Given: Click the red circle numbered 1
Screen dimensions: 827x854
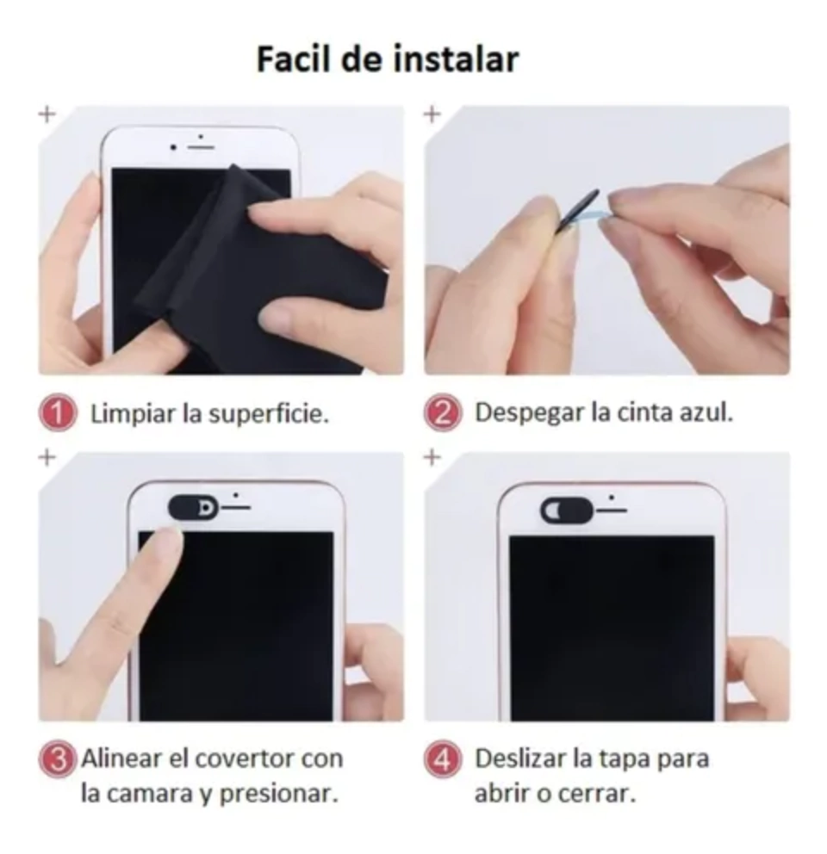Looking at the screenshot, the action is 58,413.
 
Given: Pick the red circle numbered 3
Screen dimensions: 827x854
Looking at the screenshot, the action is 57,759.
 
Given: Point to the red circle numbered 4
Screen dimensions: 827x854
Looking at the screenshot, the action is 443,758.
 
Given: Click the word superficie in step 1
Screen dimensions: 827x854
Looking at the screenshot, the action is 269,414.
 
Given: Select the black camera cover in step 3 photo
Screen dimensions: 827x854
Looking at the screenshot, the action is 193,508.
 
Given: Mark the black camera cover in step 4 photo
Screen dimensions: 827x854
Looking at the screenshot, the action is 567,511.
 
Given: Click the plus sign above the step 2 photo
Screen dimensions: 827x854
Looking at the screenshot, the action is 432,114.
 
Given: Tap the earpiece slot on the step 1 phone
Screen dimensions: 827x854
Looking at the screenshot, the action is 200,147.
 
